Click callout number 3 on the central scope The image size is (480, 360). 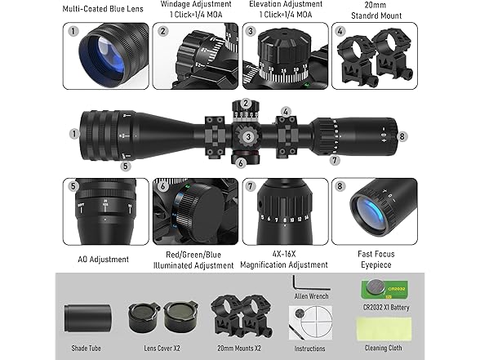pos(247,136)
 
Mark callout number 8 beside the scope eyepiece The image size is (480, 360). pos(402,136)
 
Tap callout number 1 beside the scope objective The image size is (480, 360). pos(74,133)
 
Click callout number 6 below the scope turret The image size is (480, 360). pos(241,162)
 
